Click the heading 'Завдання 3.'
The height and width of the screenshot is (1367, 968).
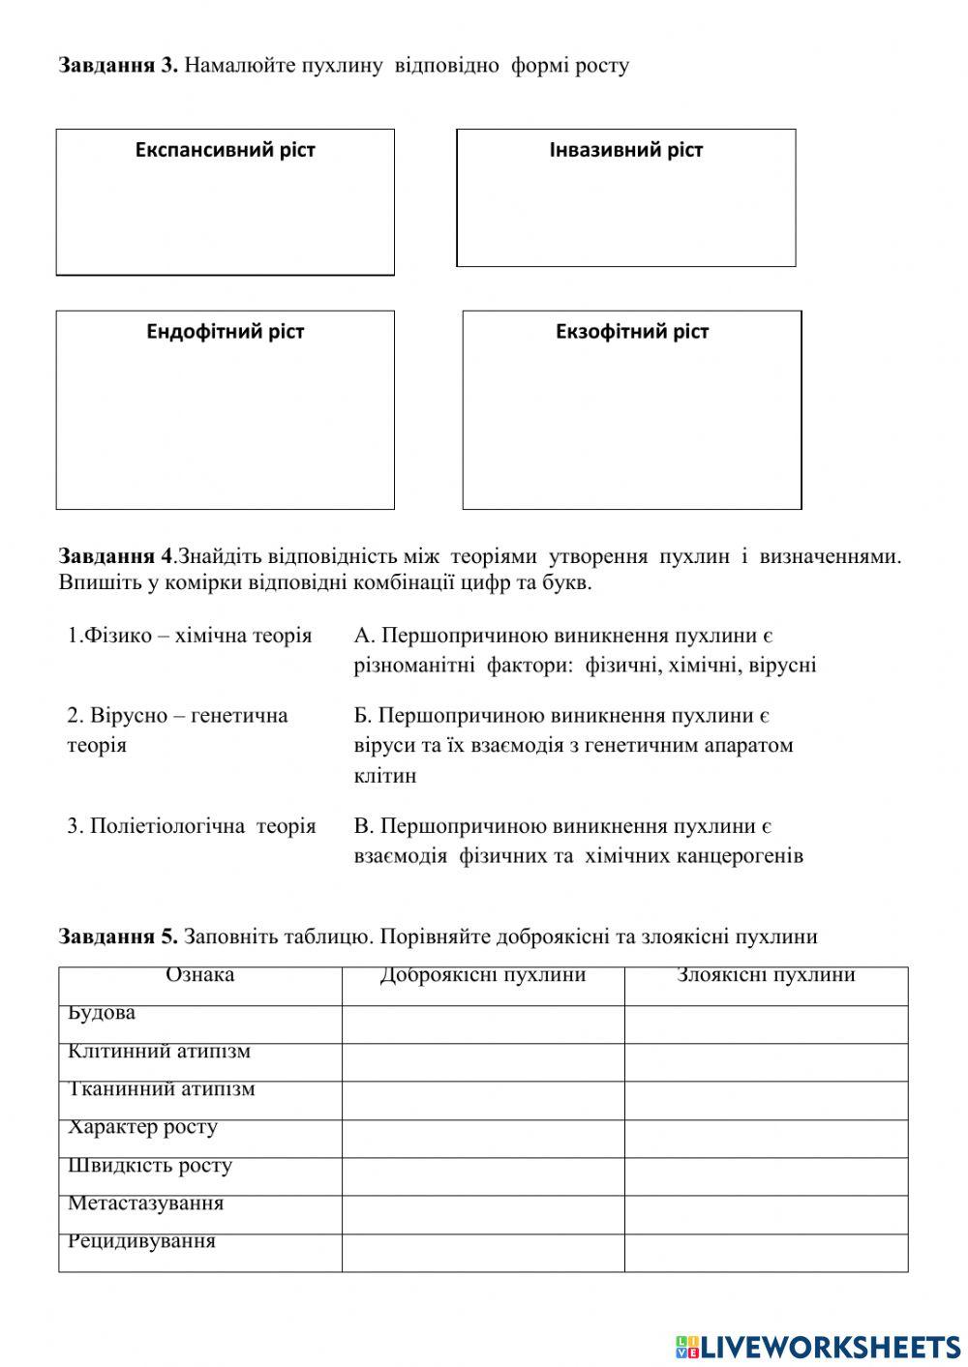tap(118, 66)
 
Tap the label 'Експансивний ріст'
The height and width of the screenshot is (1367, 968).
tap(225, 150)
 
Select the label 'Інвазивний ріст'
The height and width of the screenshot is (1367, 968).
tap(625, 150)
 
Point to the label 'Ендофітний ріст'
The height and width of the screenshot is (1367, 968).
tap(225, 332)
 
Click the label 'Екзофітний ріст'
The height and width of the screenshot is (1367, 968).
tap(631, 332)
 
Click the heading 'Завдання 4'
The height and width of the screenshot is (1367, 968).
tap(116, 556)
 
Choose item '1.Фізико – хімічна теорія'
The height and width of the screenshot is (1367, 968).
tap(190, 636)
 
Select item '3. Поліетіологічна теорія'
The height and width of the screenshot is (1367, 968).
tap(192, 826)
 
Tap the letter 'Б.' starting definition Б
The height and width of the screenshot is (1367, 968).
tap(363, 716)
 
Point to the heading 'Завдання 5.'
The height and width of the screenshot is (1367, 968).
tap(118, 936)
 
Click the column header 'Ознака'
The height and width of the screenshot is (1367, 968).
tap(199, 975)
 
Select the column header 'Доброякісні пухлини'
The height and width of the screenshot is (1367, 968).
tap(482, 975)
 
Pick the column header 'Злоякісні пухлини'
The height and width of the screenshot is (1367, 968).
tap(766, 975)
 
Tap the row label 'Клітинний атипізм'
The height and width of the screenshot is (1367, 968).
tap(159, 1052)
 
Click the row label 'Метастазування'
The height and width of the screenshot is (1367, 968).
tap(145, 1204)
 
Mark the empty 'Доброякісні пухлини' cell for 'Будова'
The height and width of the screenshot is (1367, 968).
tap(482, 1024)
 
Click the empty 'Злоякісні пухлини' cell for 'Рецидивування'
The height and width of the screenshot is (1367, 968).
tap(766, 1252)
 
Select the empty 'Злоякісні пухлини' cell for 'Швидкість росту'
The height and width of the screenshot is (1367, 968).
tap(766, 1176)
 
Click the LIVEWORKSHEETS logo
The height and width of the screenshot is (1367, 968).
tap(818, 1346)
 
